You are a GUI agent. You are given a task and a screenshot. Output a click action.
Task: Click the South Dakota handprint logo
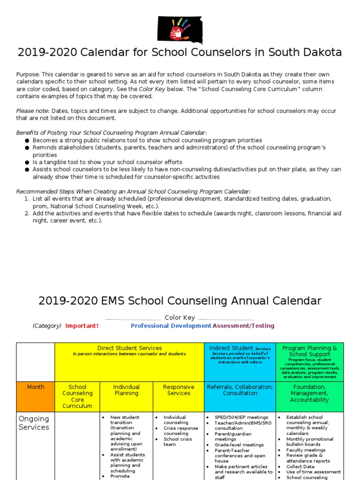tap(180, 29)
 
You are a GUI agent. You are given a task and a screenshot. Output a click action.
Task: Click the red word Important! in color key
tap(82, 326)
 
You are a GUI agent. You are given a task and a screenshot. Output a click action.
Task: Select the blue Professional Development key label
tap(171, 326)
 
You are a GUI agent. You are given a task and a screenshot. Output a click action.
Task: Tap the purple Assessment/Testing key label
tap(243, 326)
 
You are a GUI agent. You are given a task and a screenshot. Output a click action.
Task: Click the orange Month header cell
tap(36, 387)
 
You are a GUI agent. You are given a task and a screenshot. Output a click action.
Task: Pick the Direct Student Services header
tap(129, 348)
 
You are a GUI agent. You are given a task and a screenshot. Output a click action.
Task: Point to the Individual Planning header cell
tap(126, 390)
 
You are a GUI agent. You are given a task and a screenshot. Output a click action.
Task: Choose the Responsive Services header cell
tap(178, 390)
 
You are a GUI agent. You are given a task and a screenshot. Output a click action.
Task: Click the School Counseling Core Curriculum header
tap(77, 397)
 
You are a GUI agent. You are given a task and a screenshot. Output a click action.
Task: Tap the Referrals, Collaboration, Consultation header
tap(240, 390)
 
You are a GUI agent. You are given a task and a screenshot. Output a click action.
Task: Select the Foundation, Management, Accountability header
tap(309, 393)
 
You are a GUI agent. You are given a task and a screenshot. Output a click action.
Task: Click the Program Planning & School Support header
tap(309, 351)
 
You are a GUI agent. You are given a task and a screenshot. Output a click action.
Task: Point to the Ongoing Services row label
tap(34, 423)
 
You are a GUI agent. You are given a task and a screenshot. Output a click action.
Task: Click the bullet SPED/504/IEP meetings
tap(241, 417)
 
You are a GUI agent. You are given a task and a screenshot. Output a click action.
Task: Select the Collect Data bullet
tap(300, 467)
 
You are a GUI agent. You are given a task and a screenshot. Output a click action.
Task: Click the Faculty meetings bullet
tap(306, 450)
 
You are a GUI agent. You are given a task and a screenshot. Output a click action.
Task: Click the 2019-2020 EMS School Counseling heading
tap(180, 301)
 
